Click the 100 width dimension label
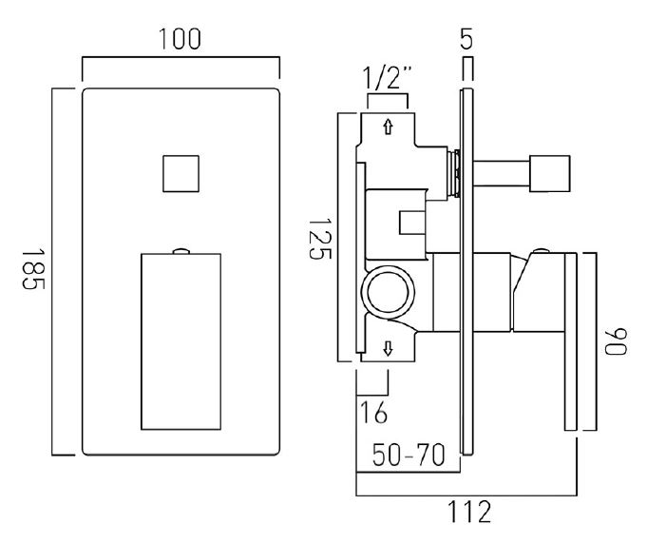[181, 39]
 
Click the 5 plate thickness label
[466, 41]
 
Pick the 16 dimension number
[372, 415]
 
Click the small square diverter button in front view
[181, 174]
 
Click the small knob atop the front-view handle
[181, 250]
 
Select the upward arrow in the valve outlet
[389, 126]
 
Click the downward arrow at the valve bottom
[388, 349]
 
